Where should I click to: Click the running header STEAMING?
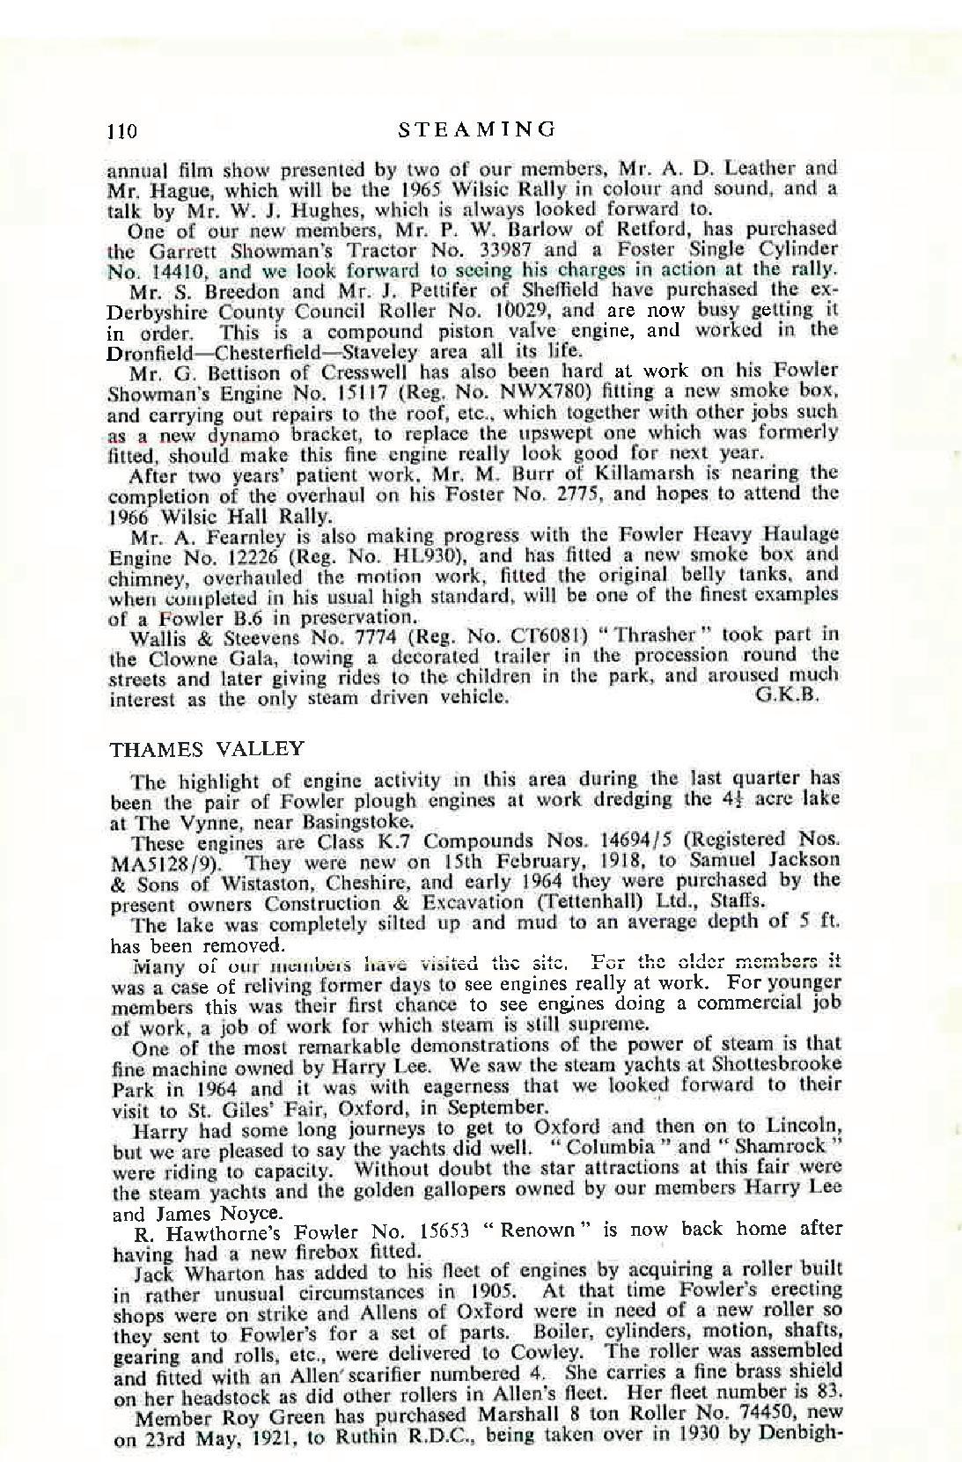pyautogui.click(x=477, y=129)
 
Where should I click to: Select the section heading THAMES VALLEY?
pyautogui.click(x=207, y=749)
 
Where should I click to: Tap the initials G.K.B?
pyautogui.click(x=789, y=694)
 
